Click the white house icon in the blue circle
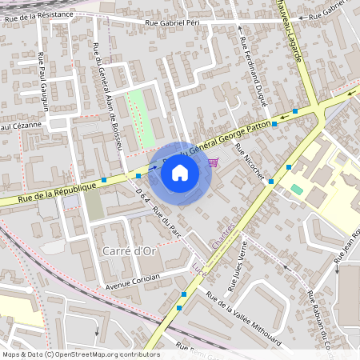click(180, 173)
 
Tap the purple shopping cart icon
click(212, 162)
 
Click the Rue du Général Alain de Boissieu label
click(107, 96)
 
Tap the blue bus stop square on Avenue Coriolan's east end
click(184, 295)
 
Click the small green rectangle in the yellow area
click(297, 189)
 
